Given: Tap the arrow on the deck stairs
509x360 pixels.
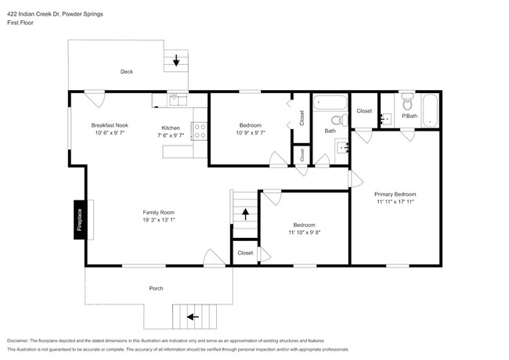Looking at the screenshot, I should pyautogui.click(x=176, y=59).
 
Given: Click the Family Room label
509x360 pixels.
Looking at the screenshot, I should pyautogui.click(x=158, y=212).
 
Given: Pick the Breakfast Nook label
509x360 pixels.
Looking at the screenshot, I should pyautogui.click(x=110, y=125).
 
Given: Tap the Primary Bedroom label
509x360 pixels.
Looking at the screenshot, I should pyautogui.click(x=395, y=194).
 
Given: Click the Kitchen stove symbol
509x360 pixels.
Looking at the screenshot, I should pyautogui.click(x=199, y=131).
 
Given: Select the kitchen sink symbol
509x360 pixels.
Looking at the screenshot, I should pyautogui.click(x=174, y=99).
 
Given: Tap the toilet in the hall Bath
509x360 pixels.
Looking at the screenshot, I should pyautogui.click(x=337, y=121).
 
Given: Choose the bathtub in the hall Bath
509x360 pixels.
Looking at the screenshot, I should pyautogui.click(x=329, y=103).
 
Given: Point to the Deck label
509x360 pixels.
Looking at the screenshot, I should pyautogui.click(x=126, y=72).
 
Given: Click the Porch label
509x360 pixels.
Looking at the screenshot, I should pyautogui.click(x=156, y=289).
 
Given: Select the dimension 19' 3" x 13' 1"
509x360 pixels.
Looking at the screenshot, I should pyautogui.click(x=158, y=220).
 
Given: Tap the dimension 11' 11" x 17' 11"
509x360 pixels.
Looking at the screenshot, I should pyautogui.click(x=395, y=202).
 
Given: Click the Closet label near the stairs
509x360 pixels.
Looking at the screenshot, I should pyautogui.click(x=245, y=253).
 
